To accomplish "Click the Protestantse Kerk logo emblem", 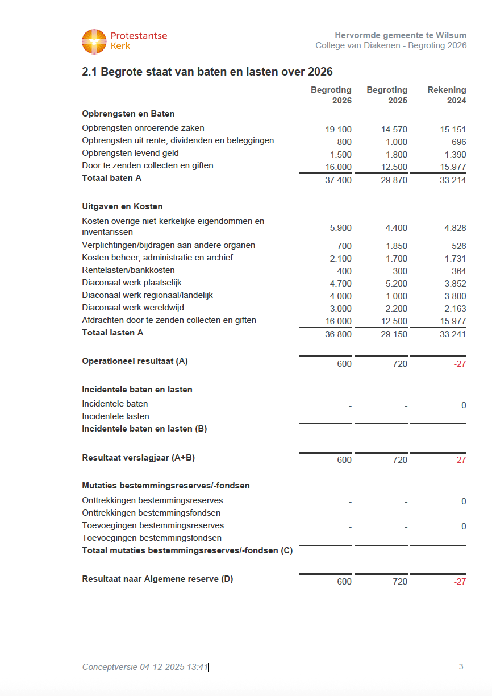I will (x=94, y=42).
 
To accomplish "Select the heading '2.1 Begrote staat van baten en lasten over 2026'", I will (x=207, y=72).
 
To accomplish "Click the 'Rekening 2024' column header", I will (x=447, y=95).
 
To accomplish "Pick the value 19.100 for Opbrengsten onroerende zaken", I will (x=339, y=130).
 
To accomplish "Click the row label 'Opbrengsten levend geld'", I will (x=130, y=153).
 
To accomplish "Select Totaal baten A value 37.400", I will (x=339, y=180).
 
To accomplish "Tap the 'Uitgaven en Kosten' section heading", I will (x=122, y=206).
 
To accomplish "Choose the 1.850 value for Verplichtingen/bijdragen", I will (x=394, y=246).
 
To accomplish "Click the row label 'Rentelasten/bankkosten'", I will (x=128, y=270).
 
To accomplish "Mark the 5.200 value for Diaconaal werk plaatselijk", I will (x=394, y=284).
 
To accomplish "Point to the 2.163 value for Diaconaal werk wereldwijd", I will (x=455, y=309).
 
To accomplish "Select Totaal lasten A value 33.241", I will (x=453, y=334).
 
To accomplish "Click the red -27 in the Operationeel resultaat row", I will (x=460, y=364).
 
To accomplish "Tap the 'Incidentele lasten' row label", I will (x=115, y=416).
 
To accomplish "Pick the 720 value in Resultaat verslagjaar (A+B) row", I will (x=400, y=460).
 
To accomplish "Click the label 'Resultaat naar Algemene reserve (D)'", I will (x=157, y=579).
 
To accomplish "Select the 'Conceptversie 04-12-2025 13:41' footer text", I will (x=145, y=667).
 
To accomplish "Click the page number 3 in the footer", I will (x=461, y=666).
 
